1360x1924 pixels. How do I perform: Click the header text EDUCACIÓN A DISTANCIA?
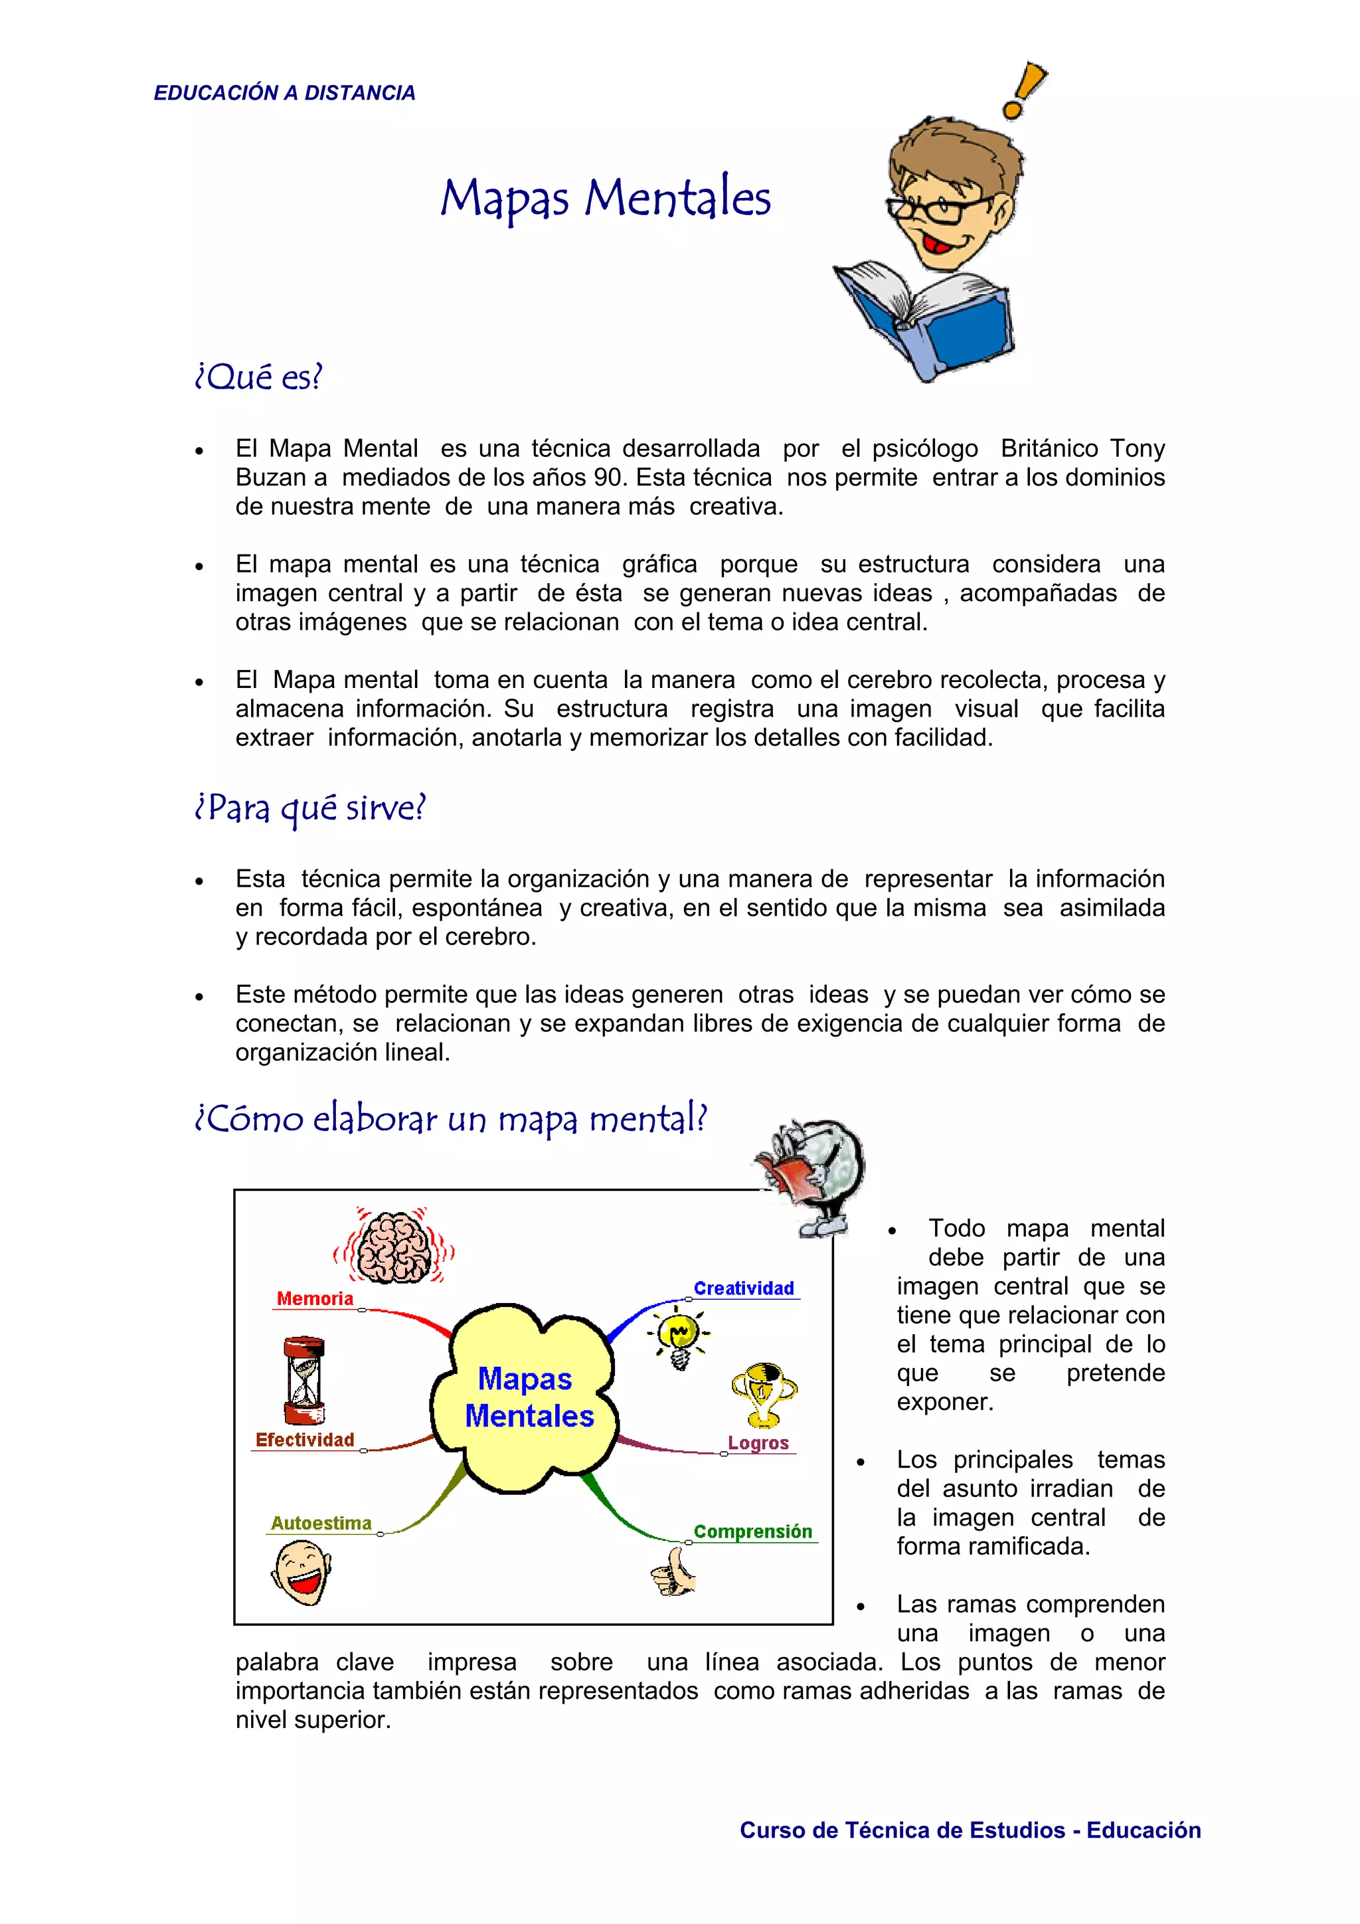coord(284,93)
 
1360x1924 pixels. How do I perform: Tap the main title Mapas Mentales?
coord(605,199)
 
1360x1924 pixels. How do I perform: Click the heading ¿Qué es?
coord(258,377)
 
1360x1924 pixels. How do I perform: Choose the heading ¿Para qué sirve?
coord(310,808)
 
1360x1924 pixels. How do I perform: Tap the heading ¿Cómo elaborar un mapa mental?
coord(451,1118)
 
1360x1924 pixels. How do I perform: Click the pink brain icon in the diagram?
coord(394,1246)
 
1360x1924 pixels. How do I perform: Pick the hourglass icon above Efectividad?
coord(303,1380)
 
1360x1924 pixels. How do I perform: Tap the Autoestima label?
coord(321,1524)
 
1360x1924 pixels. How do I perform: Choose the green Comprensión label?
coord(752,1531)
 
